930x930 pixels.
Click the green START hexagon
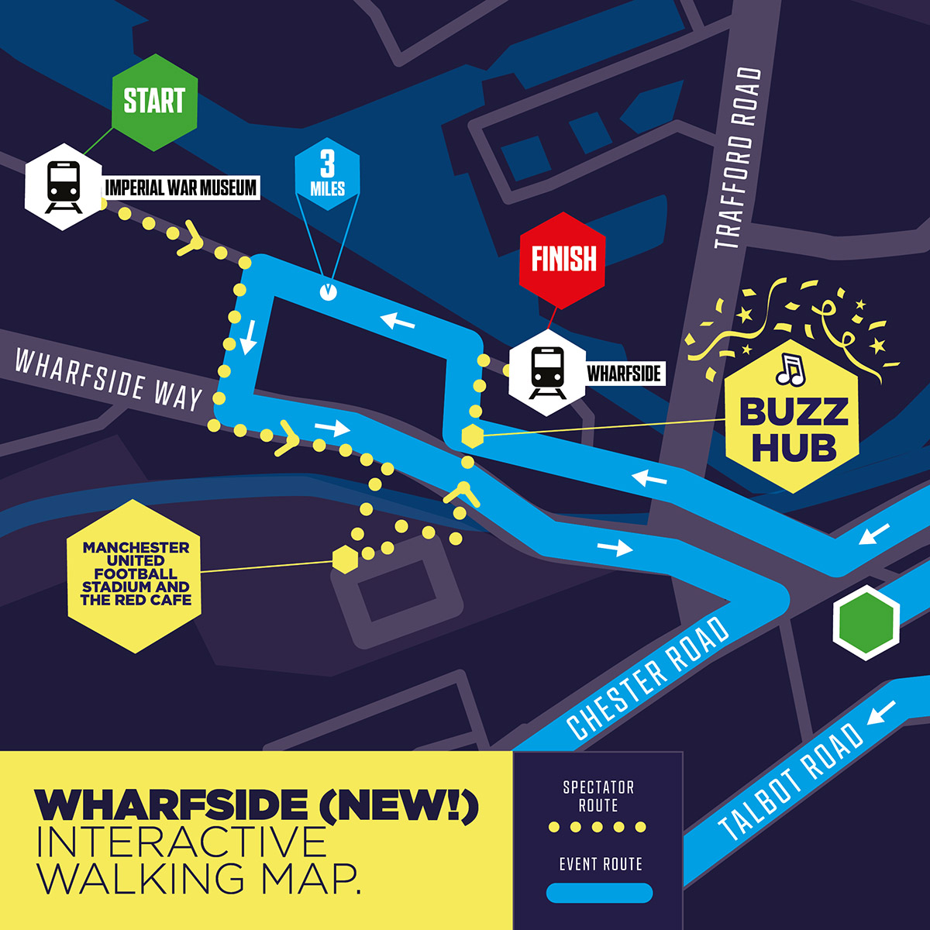click(155, 102)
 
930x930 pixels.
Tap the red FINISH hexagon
click(563, 259)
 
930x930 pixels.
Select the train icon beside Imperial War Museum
click(64, 187)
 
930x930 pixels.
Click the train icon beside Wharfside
click(547, 373)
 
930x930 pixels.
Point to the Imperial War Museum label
click(181, 188)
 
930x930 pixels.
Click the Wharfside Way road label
click(108, 379)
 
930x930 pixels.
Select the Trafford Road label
click(736, 159)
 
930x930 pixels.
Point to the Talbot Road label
click(790, 783)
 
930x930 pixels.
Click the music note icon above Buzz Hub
click(790, 371)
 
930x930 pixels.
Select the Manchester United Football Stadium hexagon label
click(135, 574)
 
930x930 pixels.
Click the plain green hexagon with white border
click(866, 623)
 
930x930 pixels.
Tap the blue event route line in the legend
click(599, 894)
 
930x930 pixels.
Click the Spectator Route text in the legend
click(598, 797)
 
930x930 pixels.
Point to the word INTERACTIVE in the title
click(182, 842)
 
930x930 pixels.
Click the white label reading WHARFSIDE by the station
click(624, 374)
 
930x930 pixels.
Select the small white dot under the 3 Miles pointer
click(328, 292)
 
